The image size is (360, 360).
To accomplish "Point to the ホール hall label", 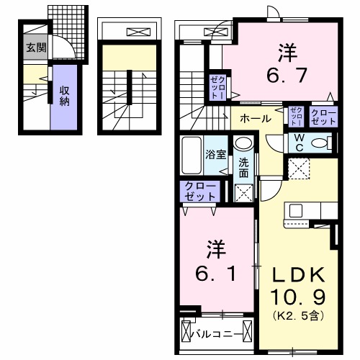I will click(x=256, y=118).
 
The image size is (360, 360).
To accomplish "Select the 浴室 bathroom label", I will click(x=215, y=153).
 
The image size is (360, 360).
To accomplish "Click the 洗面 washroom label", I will click(x=243, y=168).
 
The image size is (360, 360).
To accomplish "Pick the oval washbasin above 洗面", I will click(x=242, y=144).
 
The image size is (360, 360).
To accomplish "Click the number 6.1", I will click(x=215, y=262).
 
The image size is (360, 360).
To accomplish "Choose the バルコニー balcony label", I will click(x=213, y=333).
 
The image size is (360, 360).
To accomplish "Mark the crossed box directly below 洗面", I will click(x=243, y=192).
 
